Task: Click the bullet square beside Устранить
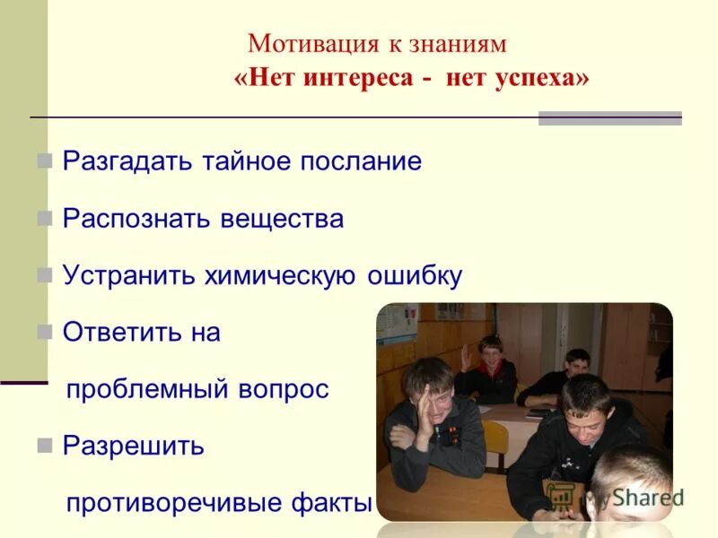click(44, 275)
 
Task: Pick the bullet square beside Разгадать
click(44, 161)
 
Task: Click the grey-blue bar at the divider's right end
click(609, 117)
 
